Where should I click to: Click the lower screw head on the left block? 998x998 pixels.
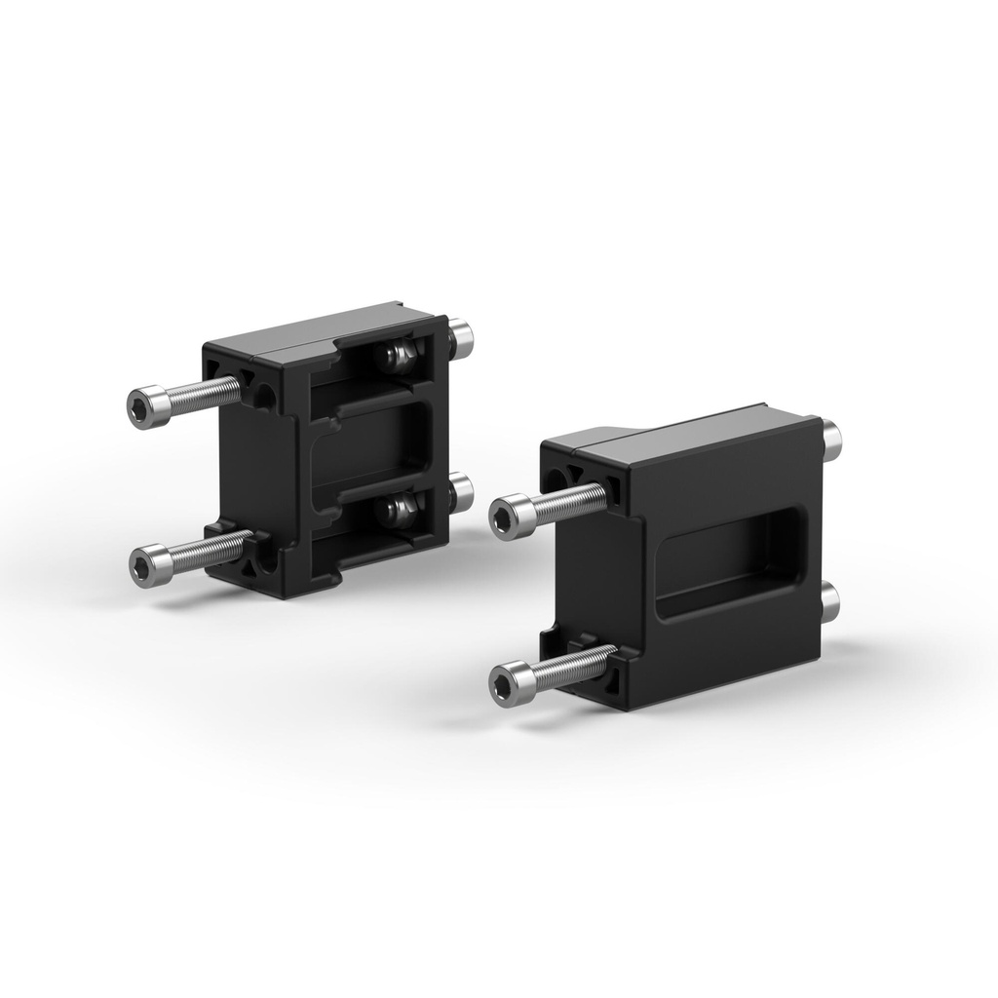point(147,564)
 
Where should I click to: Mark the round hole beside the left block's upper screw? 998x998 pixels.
point(264,395)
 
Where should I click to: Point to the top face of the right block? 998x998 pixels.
point(682,434)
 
